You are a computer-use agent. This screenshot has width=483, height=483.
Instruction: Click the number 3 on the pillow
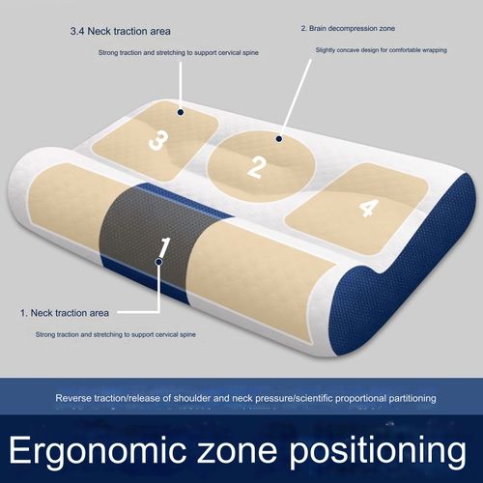[158, 141]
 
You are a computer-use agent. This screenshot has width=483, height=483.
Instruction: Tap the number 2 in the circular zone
[257, 167]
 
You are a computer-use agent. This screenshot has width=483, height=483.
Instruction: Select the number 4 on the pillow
[369, 208]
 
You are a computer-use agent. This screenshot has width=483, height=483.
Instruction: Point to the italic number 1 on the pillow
[164, 247]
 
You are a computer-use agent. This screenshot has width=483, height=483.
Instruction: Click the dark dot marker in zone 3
[181, 112]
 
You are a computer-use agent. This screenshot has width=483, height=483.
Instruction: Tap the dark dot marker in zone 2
[279, 139]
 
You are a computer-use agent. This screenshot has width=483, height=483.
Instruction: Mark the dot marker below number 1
[158, 262]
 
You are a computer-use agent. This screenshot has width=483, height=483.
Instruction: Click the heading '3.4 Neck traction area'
[121, 32]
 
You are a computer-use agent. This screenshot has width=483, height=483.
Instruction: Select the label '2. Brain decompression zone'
[348, 29]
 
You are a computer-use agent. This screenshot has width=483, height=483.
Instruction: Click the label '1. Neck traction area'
[65, 313]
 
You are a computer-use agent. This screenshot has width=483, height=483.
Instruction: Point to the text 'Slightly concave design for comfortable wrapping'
[382, 50]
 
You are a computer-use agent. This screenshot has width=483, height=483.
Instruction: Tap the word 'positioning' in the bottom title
[378, 450]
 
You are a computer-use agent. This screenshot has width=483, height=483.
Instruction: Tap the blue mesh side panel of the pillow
[409, 268]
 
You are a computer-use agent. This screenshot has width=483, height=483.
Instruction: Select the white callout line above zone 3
[181, 85]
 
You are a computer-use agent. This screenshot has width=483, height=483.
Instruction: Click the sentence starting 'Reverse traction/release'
[245, 398]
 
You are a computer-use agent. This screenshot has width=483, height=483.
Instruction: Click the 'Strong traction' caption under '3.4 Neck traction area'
[179, 52]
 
